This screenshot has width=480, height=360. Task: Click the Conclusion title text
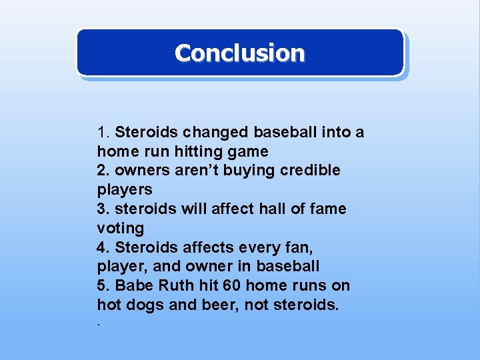(x=239, y=53)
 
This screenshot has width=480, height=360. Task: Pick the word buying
(x=242, y=171)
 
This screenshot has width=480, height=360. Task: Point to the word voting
(x=120, y=228)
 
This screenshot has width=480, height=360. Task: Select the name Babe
(x=133, y=286)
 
